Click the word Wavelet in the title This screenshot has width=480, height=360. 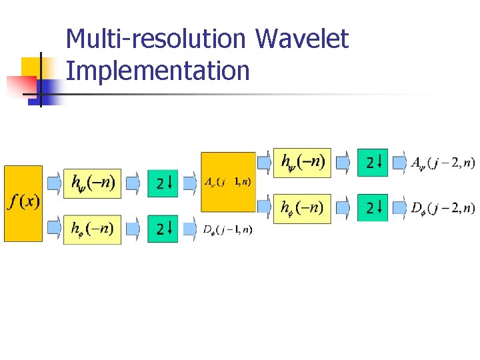click(301, 39)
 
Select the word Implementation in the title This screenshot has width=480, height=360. click(158, 70)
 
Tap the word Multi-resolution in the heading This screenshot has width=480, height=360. click(156, 39)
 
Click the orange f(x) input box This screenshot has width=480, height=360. click(23, 203)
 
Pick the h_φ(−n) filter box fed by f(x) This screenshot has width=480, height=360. click(93, 229)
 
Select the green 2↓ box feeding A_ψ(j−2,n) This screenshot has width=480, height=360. click(373, 162)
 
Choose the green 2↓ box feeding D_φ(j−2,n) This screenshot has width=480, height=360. click(373, 207)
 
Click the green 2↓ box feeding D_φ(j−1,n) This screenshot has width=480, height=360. click(163, 229)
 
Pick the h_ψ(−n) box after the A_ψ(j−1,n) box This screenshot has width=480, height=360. click(303, 162)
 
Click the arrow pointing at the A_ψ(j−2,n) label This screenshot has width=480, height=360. click(399, 162)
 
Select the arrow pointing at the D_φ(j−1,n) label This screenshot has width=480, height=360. click(190, 229)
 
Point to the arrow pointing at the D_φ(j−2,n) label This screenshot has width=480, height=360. click(399, 208)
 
